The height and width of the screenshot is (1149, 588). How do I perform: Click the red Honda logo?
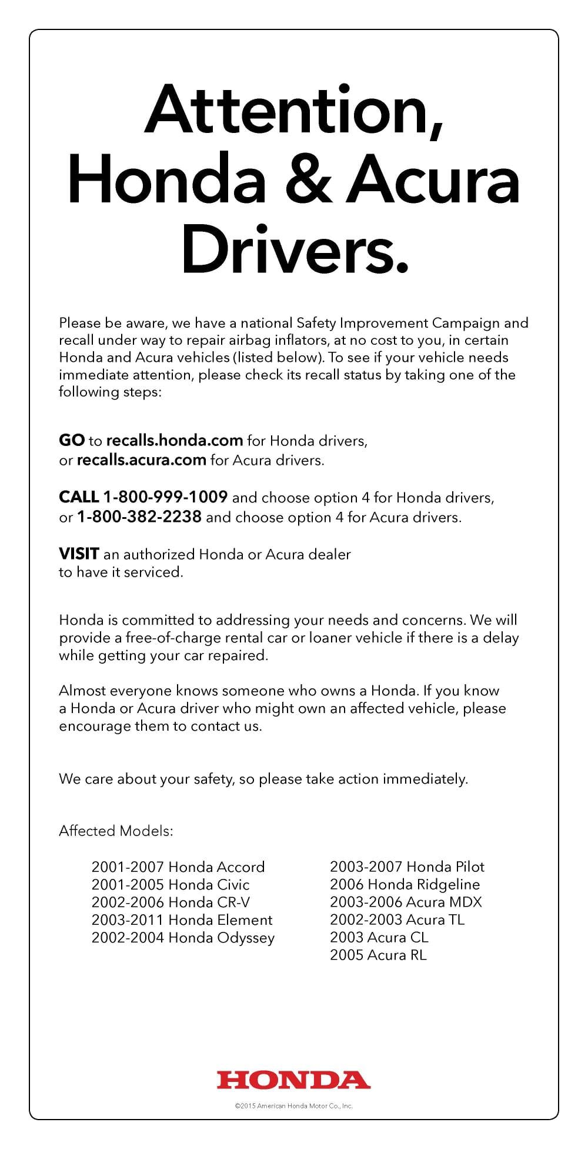(293, 1080)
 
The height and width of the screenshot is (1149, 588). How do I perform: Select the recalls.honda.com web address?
(175, 440)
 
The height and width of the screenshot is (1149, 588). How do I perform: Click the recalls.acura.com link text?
(141, 459)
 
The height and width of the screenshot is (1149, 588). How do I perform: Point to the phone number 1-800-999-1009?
(165, 497)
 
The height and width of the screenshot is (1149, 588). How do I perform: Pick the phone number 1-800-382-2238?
(139, 517)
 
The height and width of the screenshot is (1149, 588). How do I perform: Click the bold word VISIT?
(79, 554)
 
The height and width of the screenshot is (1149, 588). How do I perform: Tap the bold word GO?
(72, 440)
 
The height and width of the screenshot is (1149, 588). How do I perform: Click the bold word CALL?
(79, 497)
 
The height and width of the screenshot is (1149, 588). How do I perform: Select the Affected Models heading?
(116, 831)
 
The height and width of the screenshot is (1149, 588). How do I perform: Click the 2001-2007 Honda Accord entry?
(178, 867)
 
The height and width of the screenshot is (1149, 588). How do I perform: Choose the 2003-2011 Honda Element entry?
(182, 920)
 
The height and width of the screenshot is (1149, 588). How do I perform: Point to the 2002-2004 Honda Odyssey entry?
(183, 938)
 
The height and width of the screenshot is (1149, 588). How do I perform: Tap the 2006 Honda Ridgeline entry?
(405, 884)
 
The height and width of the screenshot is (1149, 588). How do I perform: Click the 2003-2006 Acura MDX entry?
(406, 902)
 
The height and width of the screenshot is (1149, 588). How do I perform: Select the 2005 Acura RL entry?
(378, 955)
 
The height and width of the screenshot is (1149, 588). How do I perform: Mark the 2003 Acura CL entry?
(379, 937)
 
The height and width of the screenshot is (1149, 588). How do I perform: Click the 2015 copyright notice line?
(293, 1106)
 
